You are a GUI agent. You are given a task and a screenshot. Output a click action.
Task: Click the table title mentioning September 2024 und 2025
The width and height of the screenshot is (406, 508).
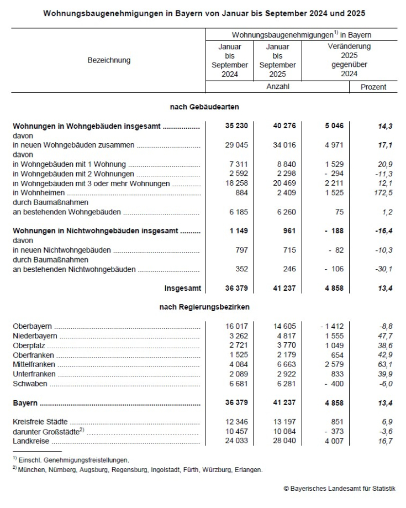pos(204,12)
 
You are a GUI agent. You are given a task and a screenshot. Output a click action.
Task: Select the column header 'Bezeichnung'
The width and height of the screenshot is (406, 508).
pos(109,60)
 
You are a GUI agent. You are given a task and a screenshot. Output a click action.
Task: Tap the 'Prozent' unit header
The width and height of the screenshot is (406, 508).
pos(373,87)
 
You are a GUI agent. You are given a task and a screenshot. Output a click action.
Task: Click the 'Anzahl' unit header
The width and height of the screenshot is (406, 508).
pos(277,86)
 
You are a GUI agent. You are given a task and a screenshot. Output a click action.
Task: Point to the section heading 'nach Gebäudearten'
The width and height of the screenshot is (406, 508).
pos(204,107)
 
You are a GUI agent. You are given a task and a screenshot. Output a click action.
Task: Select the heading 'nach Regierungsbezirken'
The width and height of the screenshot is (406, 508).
pos(204,307)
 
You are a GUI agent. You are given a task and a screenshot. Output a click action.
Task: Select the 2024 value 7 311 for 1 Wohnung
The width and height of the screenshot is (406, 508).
pos(238,164)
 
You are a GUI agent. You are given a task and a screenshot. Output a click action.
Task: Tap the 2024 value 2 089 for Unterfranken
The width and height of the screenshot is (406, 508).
pos(238,374)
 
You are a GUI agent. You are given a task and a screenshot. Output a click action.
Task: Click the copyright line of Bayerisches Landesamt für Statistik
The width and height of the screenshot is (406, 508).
pos(340,488)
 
